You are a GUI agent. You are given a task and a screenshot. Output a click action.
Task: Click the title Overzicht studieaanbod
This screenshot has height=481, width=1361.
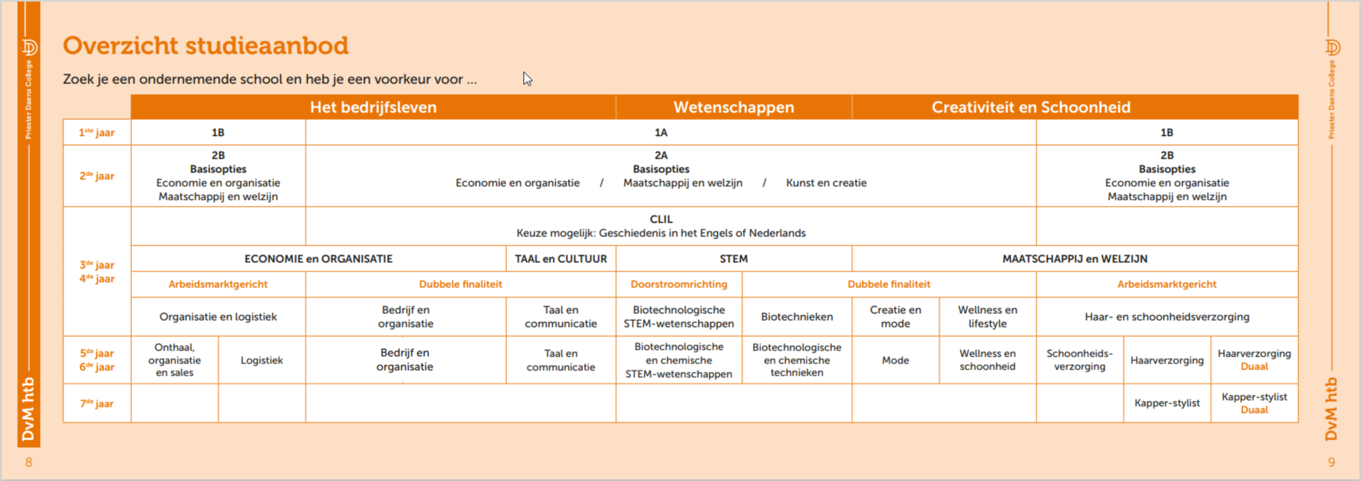(x=205, y=46)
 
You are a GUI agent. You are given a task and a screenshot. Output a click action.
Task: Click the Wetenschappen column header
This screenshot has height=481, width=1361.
(x=734, y=107)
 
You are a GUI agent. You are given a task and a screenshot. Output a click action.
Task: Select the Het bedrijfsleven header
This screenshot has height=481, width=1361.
(x=373, y=107)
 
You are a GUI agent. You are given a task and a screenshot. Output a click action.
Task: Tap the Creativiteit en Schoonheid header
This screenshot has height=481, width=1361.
(x=1031, y=107)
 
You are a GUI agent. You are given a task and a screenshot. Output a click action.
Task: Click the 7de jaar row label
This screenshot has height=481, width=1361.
(x=97, y=404)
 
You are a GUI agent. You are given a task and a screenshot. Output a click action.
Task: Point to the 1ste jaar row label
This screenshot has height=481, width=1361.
(x=97, y=132)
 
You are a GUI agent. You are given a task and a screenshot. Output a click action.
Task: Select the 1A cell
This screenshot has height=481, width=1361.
(x=661, y=132)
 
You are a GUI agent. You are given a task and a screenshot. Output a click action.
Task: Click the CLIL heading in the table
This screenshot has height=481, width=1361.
(x=661, y=219)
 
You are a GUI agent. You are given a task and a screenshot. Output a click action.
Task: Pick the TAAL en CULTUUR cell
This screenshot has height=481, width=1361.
(x=561, y=259)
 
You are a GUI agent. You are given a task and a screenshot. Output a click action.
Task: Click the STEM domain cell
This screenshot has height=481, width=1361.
(x=734, y=259)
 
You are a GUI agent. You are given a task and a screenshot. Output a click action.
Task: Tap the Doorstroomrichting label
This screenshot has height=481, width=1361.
(x=679, y=284)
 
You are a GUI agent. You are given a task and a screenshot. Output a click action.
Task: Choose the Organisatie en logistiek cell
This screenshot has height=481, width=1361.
(x=218, y=317)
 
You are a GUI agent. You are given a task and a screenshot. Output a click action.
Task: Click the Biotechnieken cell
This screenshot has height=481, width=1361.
(x=796, y=317)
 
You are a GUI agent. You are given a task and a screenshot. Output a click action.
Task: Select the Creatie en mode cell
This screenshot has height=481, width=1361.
(x=895, y=317)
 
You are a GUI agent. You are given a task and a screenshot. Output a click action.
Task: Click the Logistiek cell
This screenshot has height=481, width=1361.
(x=262, y=360)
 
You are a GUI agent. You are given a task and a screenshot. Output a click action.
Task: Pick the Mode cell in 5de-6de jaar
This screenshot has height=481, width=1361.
(x=895, y=360)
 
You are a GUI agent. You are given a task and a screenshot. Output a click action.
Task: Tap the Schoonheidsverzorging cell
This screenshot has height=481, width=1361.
(x=1079, y=360)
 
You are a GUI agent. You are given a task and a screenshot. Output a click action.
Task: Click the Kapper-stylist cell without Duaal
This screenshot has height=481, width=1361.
(x=1167, y=403)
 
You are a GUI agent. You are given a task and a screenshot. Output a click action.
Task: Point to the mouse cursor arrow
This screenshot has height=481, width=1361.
(x=527, y=79)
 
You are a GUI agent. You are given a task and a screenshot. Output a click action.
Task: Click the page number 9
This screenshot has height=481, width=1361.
(x=1331, y=462)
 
